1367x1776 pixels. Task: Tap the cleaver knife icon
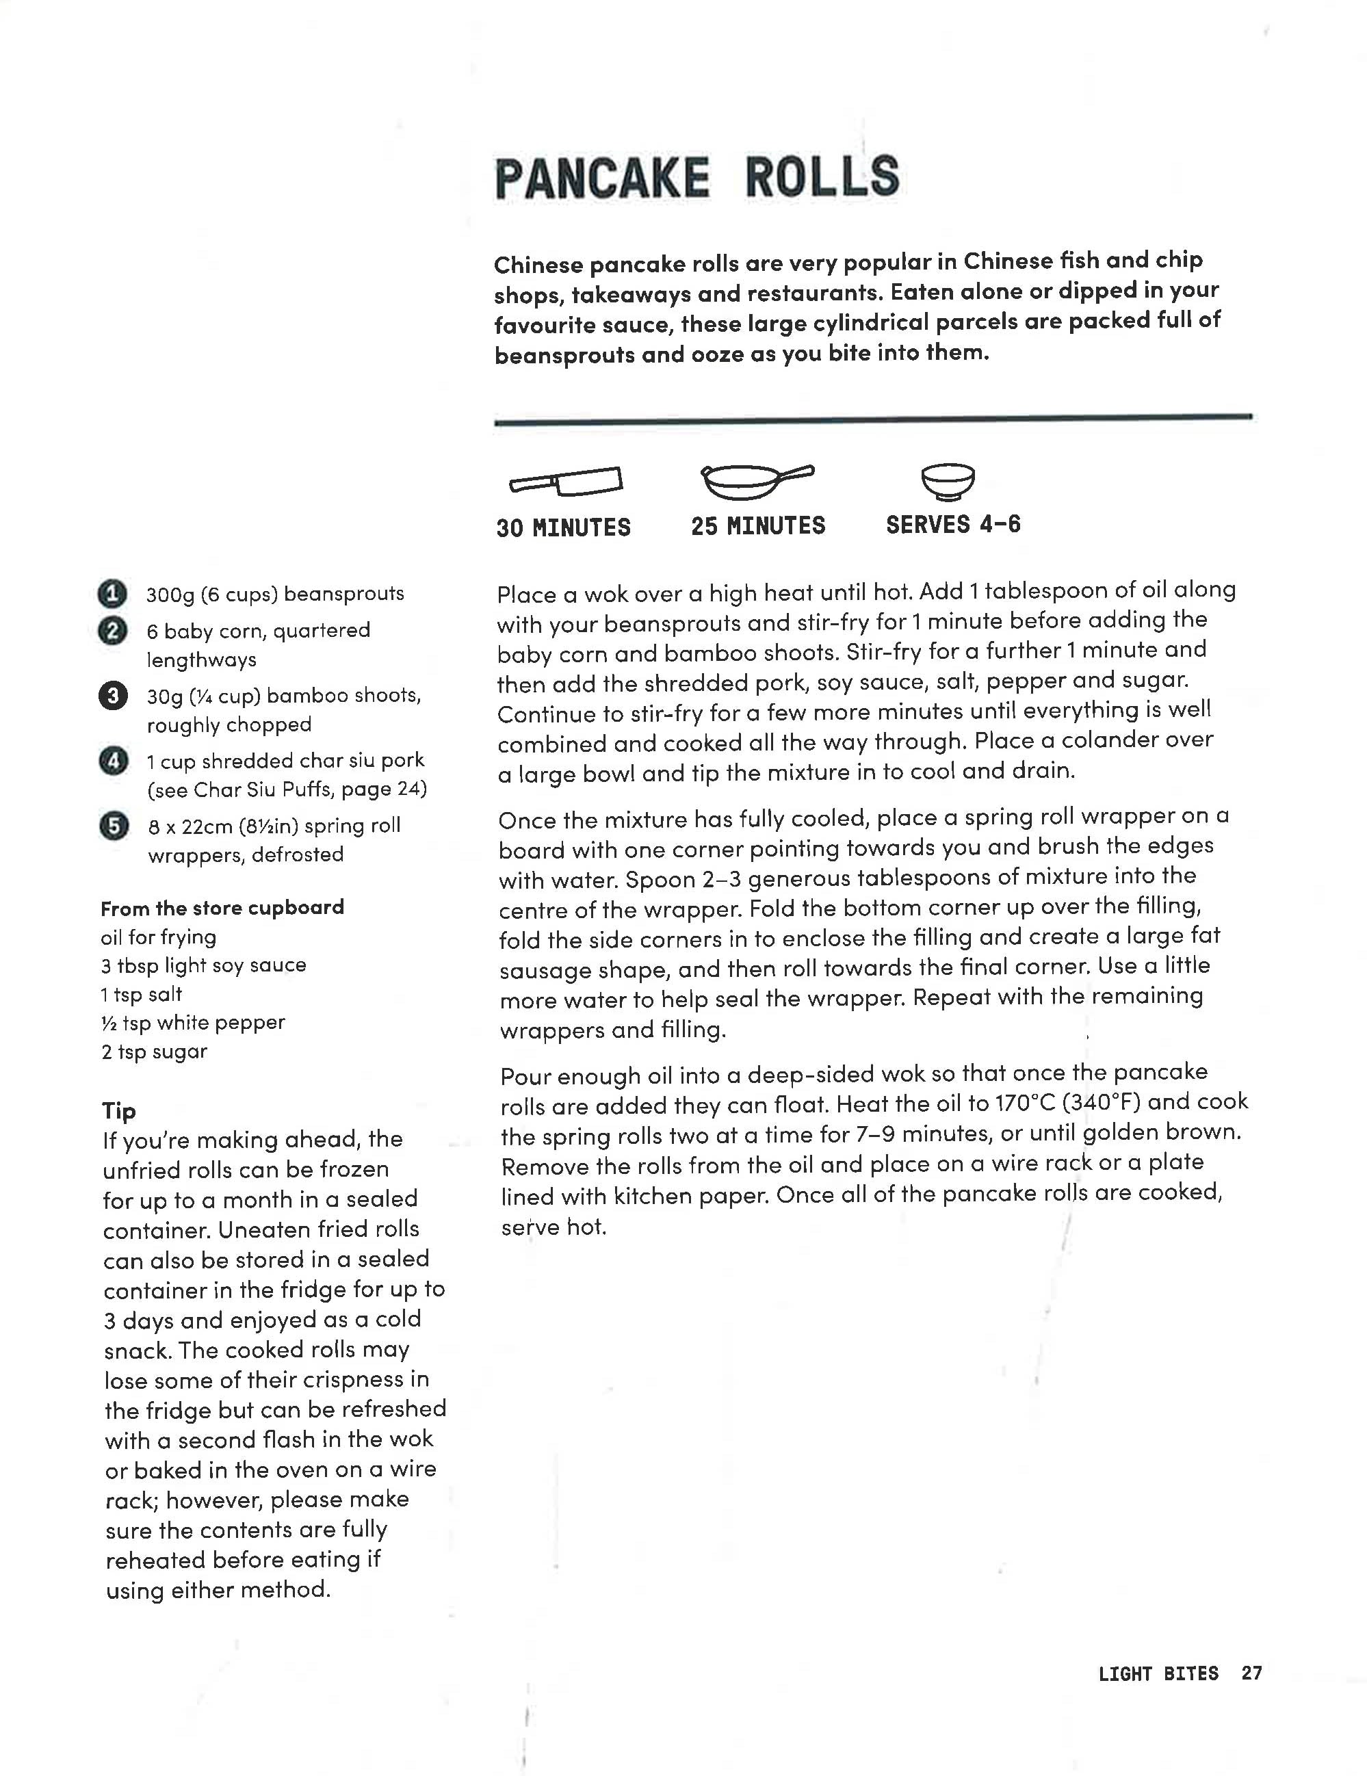click(566, 482)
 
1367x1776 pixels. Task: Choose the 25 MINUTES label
click(758, 526)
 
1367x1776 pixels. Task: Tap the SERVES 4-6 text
click(953, 525)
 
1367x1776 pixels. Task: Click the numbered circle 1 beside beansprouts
click(112, 595)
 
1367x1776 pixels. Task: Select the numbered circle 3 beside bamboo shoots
click(113, 696)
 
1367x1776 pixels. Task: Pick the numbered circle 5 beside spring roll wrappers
click(114, 826)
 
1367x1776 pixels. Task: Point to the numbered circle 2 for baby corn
click(112, 631)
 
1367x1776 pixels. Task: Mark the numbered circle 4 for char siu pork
click(113, 761)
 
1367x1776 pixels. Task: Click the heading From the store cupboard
click(222, 908)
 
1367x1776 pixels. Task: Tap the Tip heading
click(119, 1111)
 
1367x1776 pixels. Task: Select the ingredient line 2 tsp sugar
click(155, 1052)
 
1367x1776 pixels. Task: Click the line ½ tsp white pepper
click(193, 1023)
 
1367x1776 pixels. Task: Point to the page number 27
click(1251, 1673)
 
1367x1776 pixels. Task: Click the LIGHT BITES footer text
click(1158, 1673)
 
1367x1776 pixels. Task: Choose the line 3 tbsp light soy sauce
click(203, 965)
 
